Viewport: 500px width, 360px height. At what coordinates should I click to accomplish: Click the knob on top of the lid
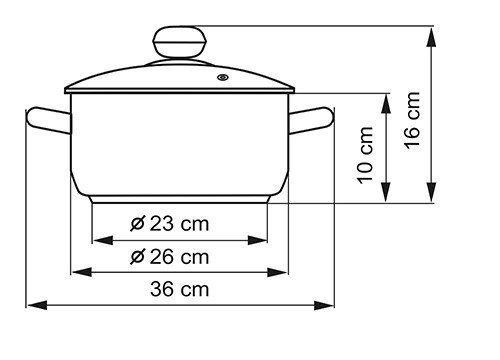(179, 42)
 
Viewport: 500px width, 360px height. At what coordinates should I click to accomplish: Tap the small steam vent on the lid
(223, 78)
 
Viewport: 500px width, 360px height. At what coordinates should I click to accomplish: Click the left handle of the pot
(49, 120)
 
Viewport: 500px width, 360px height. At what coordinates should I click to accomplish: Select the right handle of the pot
(311, 120)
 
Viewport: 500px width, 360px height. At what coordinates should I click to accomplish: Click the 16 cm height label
(412, 120)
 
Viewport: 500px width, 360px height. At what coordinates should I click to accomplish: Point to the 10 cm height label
(365, 155)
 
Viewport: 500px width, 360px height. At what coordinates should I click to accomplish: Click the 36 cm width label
(179, 289)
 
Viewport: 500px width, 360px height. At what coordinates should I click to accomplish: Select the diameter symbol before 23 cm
(137, 224)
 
